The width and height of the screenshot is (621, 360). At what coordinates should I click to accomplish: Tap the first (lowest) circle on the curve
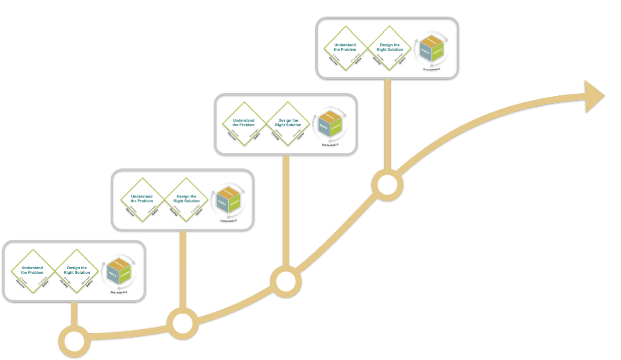(x=75, y=342)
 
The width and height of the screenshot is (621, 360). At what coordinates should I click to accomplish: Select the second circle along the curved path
(x=183, y=324)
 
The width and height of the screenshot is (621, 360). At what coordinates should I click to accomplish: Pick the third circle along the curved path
(x=286, y=281)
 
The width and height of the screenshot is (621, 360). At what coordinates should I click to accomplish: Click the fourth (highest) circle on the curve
(x=388, y=185)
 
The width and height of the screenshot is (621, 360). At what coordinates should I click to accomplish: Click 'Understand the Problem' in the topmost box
(x=345, y=47)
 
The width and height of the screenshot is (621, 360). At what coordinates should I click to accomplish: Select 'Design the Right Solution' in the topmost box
(x=390, y=47)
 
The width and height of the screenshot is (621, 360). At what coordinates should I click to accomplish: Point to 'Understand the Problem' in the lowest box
(x=32, y=270)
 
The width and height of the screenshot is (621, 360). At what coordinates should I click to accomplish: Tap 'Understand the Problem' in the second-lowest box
(x=142, y=199)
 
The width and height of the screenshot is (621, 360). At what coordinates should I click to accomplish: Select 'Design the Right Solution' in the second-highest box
(x=288, y=123)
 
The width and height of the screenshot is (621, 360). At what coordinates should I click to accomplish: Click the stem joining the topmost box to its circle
(x=388, y=125)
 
